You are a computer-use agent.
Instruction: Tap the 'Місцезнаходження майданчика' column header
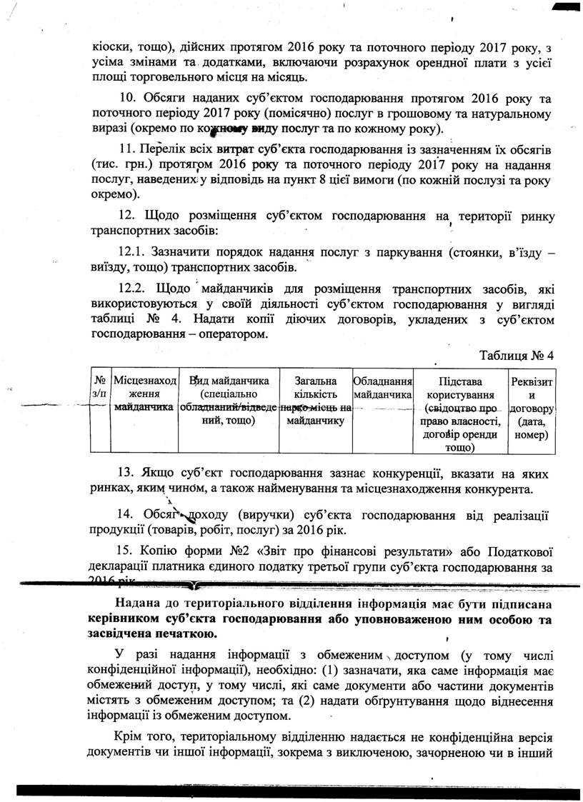click(x=145, y=394)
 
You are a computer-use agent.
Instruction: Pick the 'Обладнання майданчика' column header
click(x=384, y=387)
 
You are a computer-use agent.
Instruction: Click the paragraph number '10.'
click(x=129, y=99)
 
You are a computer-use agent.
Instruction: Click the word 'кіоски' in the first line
click(x=111, y=46)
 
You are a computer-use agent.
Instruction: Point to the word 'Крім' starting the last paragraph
click(x=129, y=736)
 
